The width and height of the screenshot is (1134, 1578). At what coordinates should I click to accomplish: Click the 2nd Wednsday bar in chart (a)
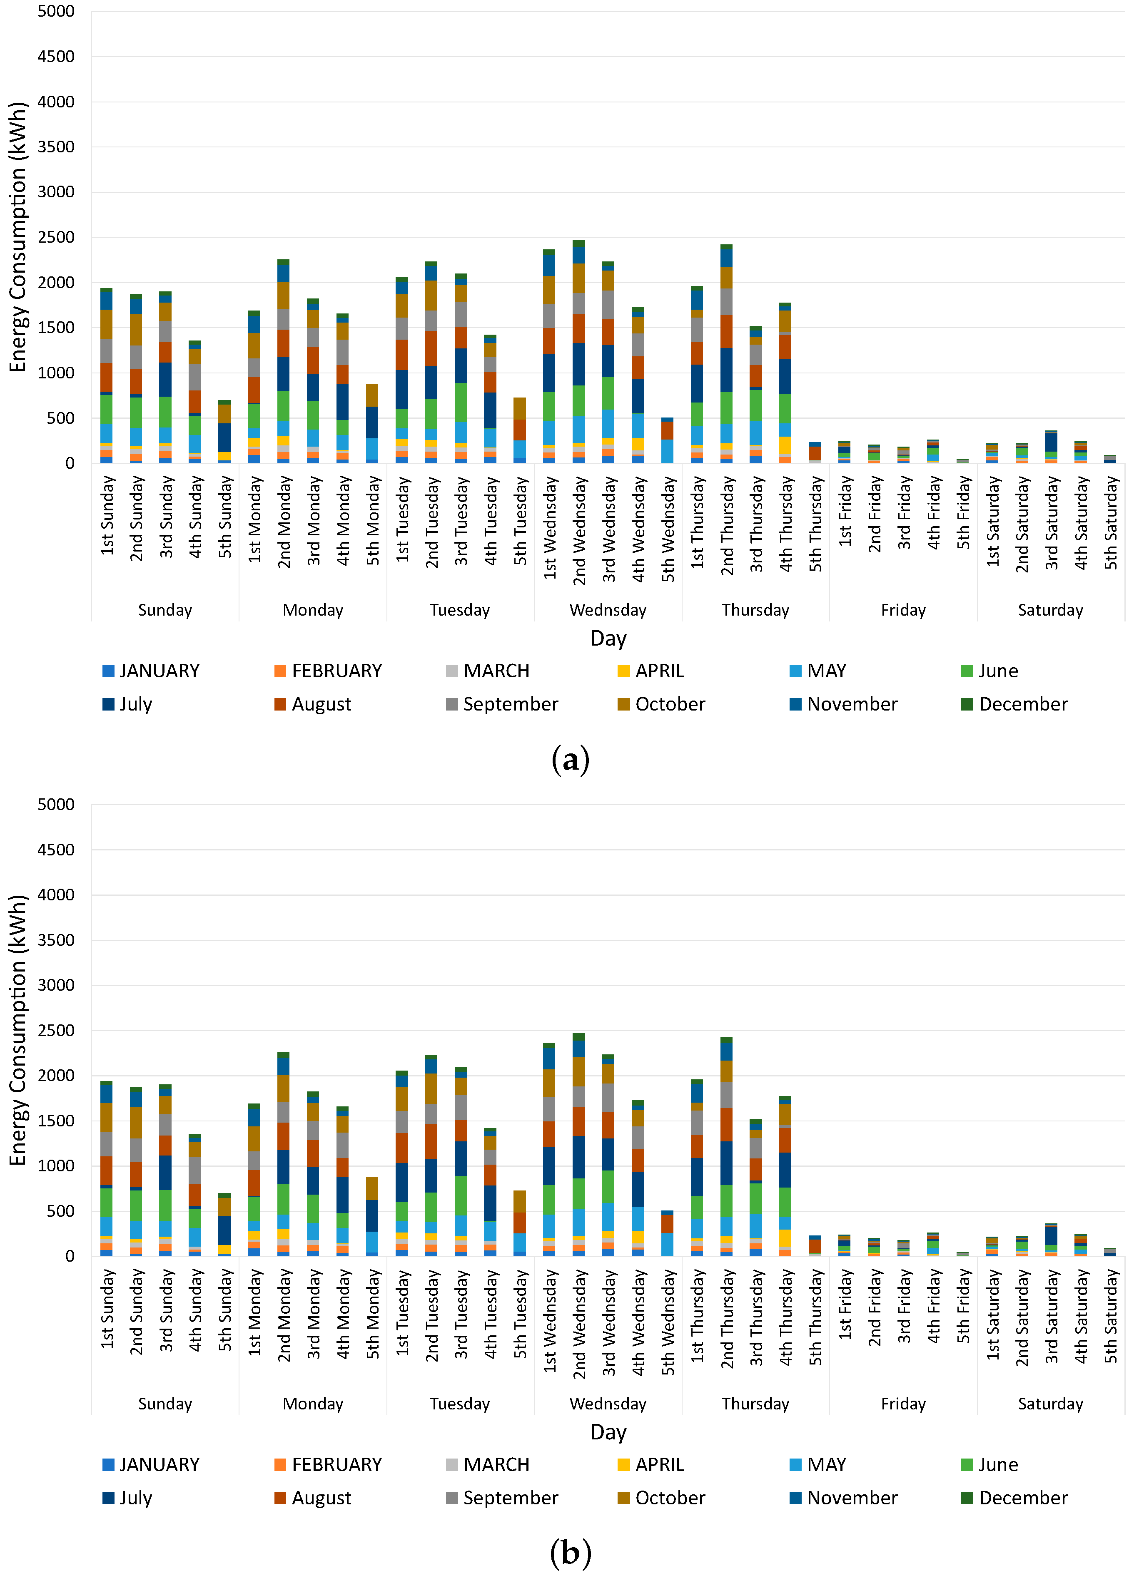[578, 351]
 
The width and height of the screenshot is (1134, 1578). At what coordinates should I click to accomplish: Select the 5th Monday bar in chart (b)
[372, 1216]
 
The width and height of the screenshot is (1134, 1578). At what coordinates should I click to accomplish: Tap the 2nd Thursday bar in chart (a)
[726, 353]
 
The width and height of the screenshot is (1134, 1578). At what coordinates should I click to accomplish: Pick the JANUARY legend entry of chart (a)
[151, 671]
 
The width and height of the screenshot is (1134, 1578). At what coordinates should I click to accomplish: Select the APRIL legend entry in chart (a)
[651, 671]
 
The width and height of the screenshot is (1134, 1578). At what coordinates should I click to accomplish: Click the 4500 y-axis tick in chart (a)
[56, 56]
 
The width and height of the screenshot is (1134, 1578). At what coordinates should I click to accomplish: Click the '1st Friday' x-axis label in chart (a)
[845, 511]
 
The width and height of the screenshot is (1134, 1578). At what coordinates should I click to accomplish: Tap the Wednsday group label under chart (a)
[608, 610]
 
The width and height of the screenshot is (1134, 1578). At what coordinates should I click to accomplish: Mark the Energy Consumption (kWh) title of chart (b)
[17, 1030]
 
